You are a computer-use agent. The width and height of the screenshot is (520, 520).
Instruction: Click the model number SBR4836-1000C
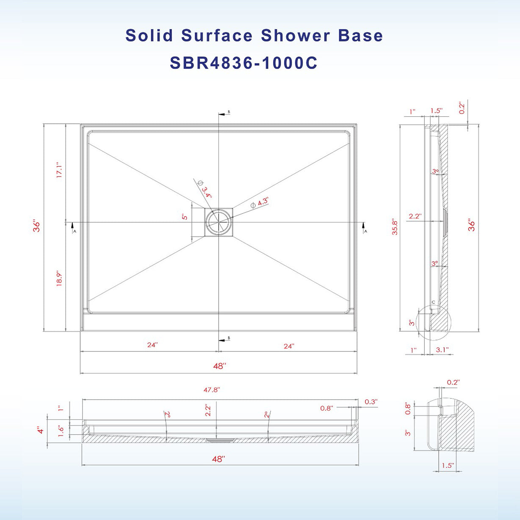[243, 63]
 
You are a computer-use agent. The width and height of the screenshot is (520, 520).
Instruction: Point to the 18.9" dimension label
[59, 278]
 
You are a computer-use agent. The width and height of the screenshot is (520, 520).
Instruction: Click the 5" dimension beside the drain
[185, 217]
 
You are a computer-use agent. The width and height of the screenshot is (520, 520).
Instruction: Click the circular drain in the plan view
[219, 222]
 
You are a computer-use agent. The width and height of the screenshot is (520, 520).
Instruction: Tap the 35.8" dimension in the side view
[395, 227]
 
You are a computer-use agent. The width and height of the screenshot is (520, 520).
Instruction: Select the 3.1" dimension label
[442, 350]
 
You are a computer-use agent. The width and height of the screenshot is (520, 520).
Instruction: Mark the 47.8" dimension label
[211, 390]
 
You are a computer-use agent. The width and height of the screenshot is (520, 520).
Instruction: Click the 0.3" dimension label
[371, 401]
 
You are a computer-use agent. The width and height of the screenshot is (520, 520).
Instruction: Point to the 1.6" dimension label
[61, 431]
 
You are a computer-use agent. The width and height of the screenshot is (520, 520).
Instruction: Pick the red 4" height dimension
[40, 430]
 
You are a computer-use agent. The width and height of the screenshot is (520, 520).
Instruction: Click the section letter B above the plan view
[229, 112]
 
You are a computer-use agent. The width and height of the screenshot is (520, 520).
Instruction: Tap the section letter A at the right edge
[365, 231]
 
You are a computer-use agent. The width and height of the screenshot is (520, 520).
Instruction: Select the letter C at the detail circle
[433, 302]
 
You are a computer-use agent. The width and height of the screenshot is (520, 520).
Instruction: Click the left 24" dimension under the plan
[152, 345]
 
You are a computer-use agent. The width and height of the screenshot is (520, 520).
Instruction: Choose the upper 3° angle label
[435, 171]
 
